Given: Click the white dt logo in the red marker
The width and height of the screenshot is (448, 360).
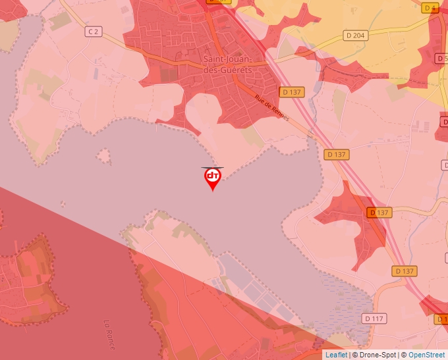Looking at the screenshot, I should click(212, 176).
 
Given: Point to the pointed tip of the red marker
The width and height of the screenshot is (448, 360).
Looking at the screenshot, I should click(212, 191).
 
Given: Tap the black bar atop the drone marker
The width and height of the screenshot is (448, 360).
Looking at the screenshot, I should click(212, 168).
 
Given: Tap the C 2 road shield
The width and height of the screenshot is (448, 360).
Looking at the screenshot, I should click(94, 31).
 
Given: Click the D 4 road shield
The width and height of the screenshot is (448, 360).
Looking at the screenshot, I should click(431, 8).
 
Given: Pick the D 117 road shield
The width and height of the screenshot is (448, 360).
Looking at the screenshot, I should click(373, 318).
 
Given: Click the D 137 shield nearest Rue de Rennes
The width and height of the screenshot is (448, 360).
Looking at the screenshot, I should click(291, 92).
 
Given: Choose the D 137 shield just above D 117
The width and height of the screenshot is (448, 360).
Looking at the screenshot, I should click(405, 271).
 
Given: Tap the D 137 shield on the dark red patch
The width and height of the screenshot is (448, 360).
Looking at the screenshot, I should click(379, 213).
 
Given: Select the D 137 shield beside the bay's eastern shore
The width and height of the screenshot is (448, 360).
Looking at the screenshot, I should click(336, 155).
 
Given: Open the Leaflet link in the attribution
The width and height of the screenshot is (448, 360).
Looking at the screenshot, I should click(336, 355).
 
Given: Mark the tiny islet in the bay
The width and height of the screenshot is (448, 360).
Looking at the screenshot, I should click(103, 156).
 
